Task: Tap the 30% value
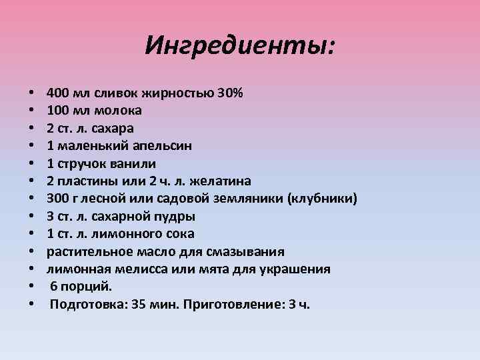point(230,92)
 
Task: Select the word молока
point(118,109)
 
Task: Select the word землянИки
point(234,199)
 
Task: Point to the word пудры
point(173,216)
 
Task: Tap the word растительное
point(84,252)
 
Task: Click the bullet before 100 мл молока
point(31,110)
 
